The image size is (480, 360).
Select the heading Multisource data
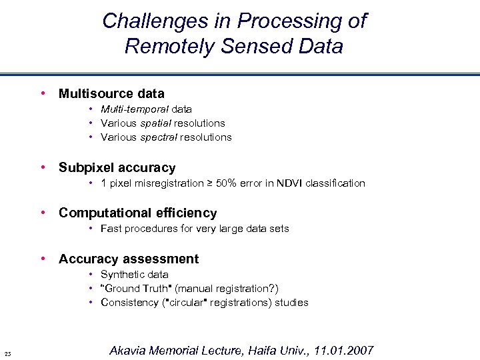(x=111, y=94)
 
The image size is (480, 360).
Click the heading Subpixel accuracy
(x=117, y=168)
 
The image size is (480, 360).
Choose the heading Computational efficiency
(x=137, y=213)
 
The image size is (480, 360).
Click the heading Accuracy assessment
(x=128, y=259)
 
